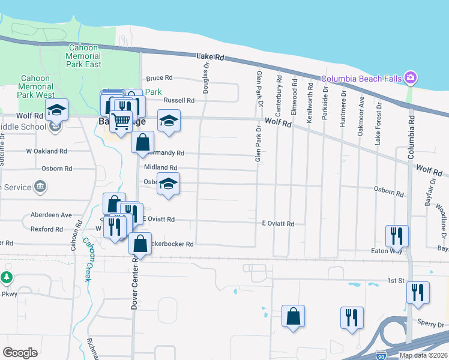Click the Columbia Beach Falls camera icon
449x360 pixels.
click(411, 77)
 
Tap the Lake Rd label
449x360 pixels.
click(210, 57)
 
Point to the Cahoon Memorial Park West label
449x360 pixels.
click(37, 86)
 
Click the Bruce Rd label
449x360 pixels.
click(159, 78)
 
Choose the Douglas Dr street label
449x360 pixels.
click(206, 80)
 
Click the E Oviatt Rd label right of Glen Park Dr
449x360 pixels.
click(278, 224)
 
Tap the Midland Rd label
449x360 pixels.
click(160, 168)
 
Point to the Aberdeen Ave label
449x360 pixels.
click(51, 215)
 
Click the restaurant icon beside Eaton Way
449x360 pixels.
click(397, 235)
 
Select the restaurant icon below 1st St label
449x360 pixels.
click(418, 292)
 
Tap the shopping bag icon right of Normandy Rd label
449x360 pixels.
click(142, 143)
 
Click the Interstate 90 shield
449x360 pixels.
click(381, 355)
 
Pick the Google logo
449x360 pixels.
click(20, 353)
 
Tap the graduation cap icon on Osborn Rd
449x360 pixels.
click(169, 183)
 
